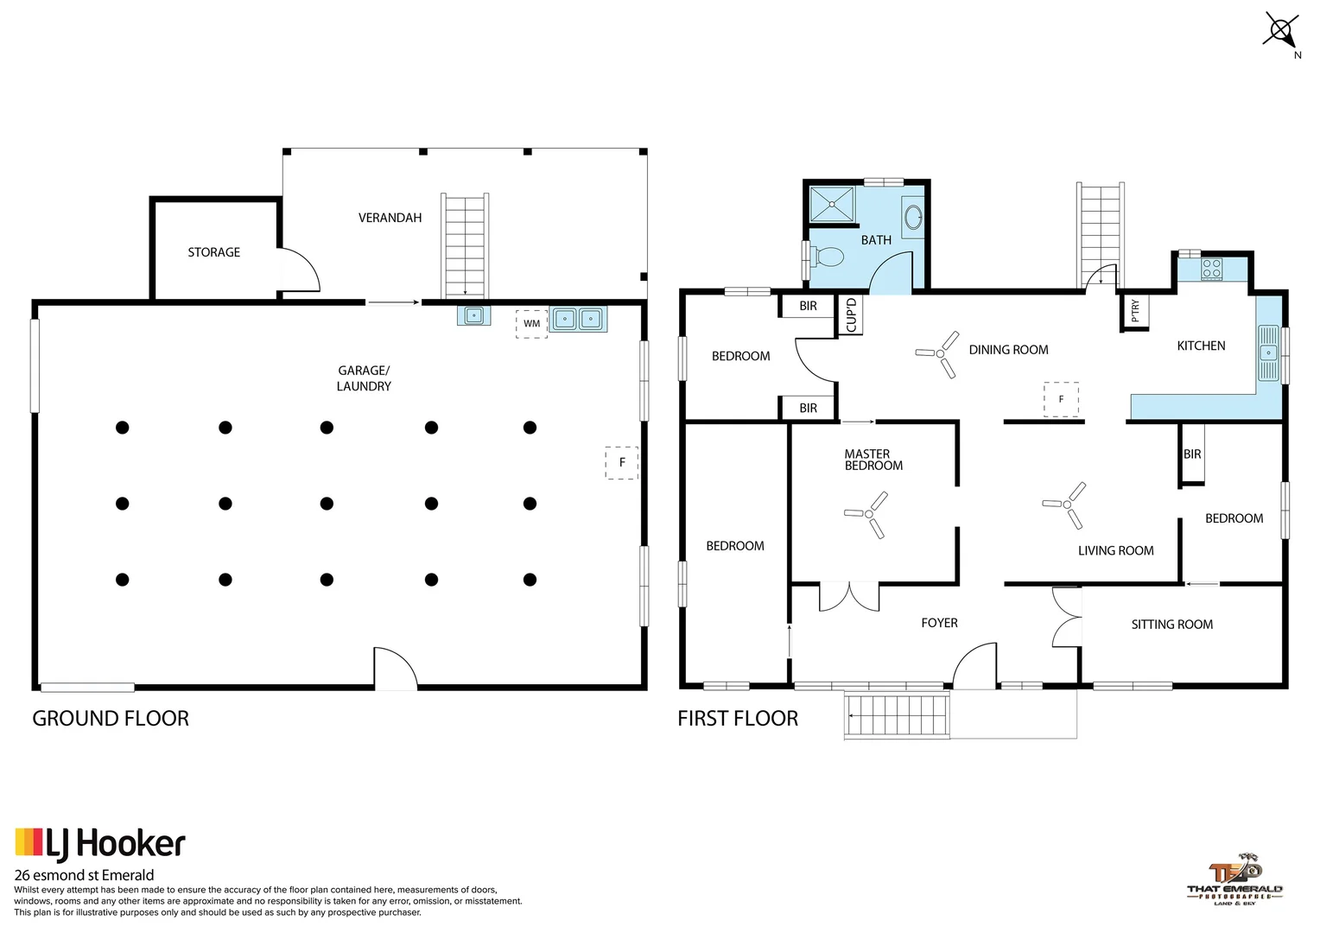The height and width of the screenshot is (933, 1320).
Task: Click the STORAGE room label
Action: (214, 252)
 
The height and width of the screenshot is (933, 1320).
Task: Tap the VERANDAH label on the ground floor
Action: (390, 218)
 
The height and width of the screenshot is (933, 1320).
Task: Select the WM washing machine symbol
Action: (531, 324)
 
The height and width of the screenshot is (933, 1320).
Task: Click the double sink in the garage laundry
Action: (578, 320)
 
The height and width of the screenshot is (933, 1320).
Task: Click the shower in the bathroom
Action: (831, 205)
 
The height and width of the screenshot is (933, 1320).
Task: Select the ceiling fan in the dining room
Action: (939, 353)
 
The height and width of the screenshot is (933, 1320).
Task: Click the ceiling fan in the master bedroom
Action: (869, 514)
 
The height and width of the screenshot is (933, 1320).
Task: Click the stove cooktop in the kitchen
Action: (1211, 269)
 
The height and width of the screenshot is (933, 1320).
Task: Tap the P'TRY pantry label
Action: (1135, 311)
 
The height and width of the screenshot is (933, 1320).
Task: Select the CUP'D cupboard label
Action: (851, 315)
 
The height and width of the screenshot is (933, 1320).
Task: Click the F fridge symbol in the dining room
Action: (1061, 399)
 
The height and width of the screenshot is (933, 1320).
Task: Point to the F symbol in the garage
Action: (621, 462)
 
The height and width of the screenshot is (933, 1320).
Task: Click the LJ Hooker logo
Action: (100, 844)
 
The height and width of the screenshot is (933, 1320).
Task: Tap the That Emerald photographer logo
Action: (1234, 879)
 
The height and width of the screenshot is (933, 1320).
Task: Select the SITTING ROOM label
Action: (1171, 625)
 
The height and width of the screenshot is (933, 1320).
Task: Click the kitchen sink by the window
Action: (1267, 352)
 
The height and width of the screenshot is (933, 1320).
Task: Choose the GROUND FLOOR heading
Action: (111, 719)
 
